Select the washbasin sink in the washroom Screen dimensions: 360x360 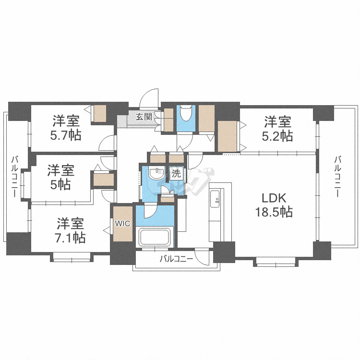coord(156,175)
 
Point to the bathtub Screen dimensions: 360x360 coord(154,237)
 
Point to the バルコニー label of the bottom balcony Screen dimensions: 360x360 coord(176,259)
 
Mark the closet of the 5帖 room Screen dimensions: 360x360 coord(103,179)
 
